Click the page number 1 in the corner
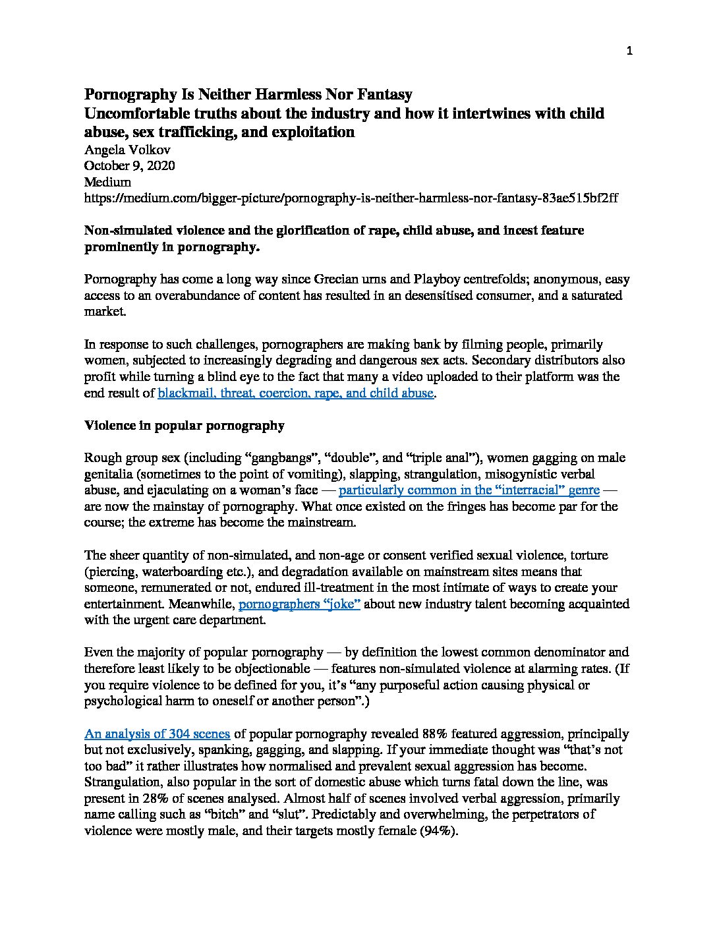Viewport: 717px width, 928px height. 629,52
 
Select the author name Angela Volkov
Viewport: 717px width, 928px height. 127,150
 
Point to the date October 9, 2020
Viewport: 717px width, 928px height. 130,166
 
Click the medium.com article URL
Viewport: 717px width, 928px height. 351,198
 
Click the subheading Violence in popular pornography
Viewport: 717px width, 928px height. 185,425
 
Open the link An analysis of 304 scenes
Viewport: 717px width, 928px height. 157,734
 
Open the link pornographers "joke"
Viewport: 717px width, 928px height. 299,604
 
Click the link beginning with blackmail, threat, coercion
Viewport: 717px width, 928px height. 295,393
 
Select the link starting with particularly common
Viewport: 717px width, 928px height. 469,490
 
